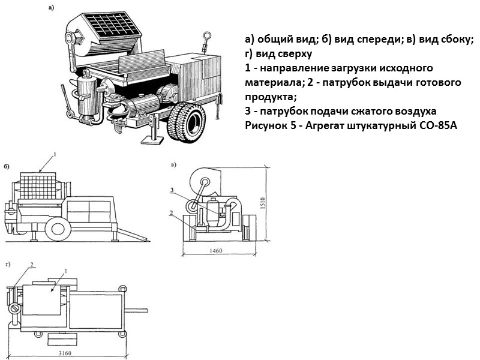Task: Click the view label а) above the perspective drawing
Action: [x=51, y=8]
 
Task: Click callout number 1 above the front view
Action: [x=55, y=155]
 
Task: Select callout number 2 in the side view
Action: [x=172, y=212]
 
